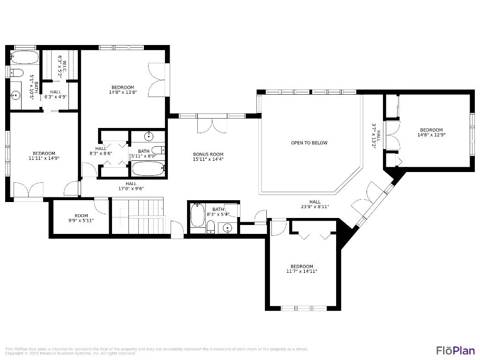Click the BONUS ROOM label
tap(208, 154)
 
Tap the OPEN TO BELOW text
tap(309, 143)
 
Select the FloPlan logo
tap(455, 350)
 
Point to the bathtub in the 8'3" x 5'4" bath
tap(197, 218)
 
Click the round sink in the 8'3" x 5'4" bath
tap(227, 228)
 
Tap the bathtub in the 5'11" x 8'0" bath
tap(148, 168)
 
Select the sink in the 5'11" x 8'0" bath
tap(149, 136)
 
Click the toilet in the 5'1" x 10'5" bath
tap(16, 73)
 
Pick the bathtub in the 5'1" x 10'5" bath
tap(24, 58)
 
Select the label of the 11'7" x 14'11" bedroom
tap(301, 266)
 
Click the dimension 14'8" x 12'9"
tap(431, 135)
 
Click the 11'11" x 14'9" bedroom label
tap(44, 153)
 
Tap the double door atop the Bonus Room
tap(211, 125)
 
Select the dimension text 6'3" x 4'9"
tap(55, 97)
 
